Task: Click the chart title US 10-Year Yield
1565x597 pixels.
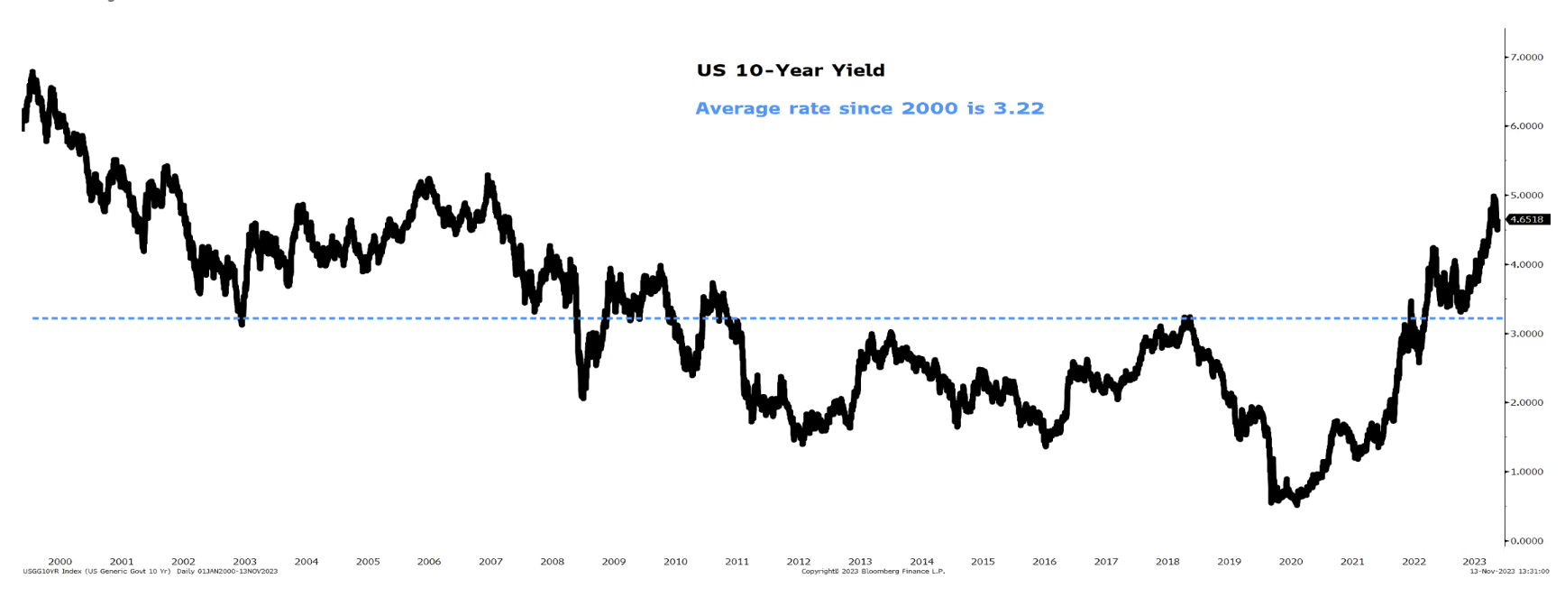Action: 791,70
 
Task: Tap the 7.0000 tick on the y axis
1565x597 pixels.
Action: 1526,58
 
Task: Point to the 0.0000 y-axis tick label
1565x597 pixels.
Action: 1526,541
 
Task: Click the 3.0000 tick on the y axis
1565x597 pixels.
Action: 1526,334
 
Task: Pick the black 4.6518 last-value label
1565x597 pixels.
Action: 1527,219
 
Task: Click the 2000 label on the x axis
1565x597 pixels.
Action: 59,562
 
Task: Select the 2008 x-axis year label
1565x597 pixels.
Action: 552,562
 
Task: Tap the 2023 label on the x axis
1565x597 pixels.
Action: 1474,562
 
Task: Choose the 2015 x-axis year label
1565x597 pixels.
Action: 983,562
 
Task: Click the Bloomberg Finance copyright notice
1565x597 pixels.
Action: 873,572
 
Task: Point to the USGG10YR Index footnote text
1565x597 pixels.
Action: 150,572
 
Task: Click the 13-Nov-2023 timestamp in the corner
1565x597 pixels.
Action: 1509,572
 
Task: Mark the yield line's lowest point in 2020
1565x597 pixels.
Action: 1297,504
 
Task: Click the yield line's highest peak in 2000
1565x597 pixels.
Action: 32,71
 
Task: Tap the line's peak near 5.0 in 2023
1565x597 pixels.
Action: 1493,196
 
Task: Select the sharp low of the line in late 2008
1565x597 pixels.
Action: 583,397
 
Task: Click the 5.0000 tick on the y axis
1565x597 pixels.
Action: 1526,196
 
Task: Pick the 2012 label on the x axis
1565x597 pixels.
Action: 798,562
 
